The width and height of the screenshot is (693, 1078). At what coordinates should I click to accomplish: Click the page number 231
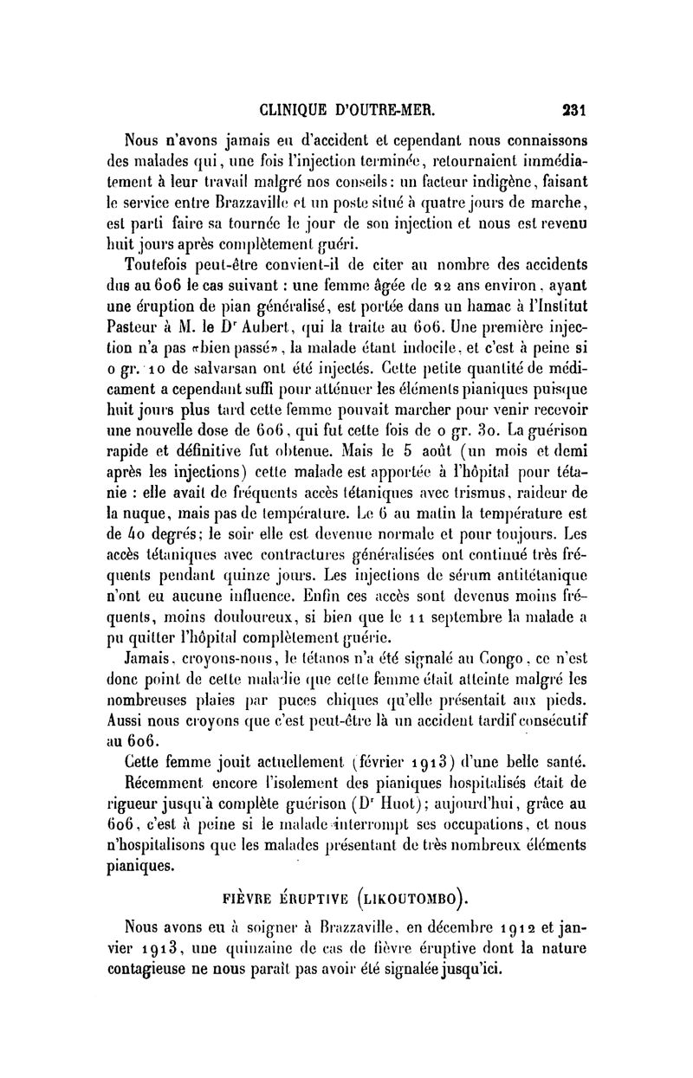click(574, 110)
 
